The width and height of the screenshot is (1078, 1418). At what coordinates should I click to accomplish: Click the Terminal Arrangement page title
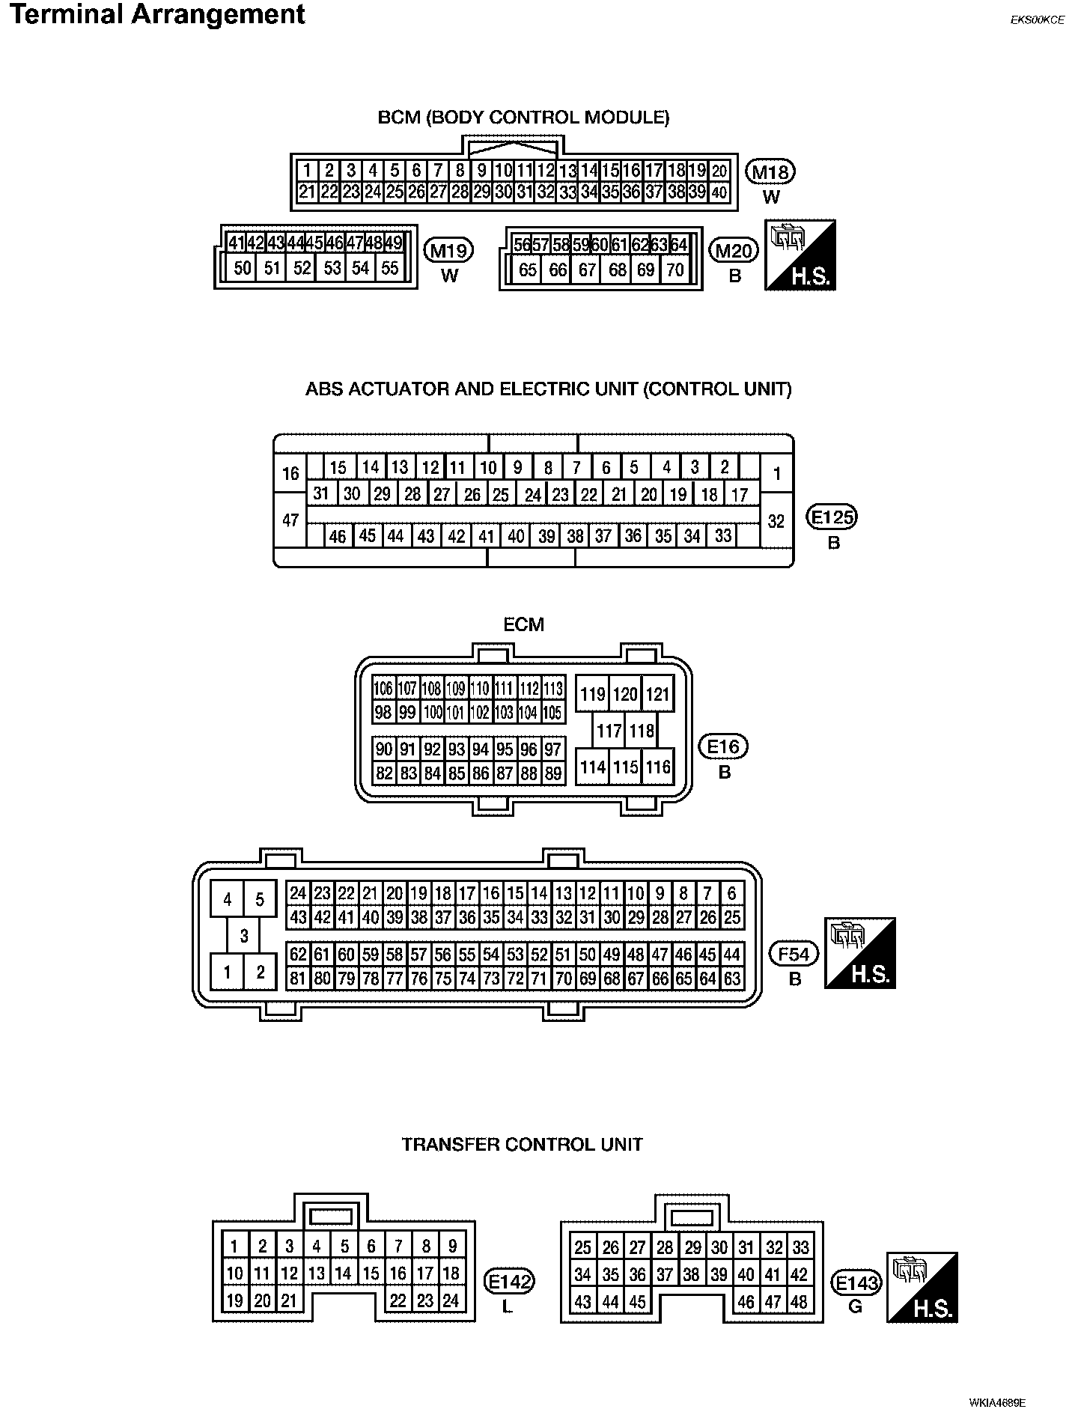coord(158,15)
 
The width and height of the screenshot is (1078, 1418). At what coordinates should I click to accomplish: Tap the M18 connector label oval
coord(770,173)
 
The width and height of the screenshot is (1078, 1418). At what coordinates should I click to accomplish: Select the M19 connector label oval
coord(448,251)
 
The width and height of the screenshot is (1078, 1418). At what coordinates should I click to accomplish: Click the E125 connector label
coord(832,517)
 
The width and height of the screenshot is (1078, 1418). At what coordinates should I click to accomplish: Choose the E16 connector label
coord(723,746)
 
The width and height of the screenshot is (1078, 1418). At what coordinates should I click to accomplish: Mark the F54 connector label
coord(794,954)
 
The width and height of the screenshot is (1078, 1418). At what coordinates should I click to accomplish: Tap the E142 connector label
coord(509,1282)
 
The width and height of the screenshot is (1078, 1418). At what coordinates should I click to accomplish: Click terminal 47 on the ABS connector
coord(290,520)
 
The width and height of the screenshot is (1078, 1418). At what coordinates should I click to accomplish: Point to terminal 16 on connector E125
coord(290,473)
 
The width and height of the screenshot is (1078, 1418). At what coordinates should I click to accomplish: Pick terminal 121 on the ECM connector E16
coord(657,695)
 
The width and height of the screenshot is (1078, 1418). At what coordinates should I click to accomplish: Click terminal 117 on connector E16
coord(609,731)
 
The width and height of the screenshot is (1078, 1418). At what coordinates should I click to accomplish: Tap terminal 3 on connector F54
coord(244,936)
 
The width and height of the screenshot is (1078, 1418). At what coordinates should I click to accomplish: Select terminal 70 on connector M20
coord(675,270)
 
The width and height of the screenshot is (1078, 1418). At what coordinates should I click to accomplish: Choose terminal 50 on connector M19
coord(243,268)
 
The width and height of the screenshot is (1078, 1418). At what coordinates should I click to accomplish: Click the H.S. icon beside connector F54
coord(860,953)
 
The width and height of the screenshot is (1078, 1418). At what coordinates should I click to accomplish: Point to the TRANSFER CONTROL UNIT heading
coord(523,1145)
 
